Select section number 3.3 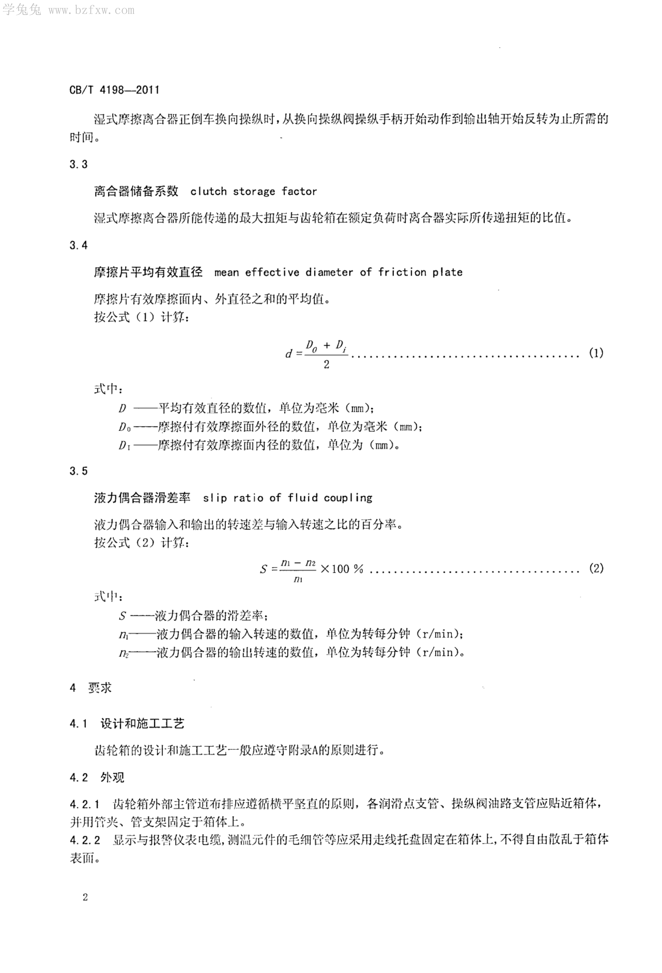tap(79, 165)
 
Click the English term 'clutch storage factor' tap(254, 192)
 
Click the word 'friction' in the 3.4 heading tap(402, 273)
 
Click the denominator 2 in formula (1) tap(326, 365)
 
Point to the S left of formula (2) tap(263, 569)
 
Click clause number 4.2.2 tap(85, 839)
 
